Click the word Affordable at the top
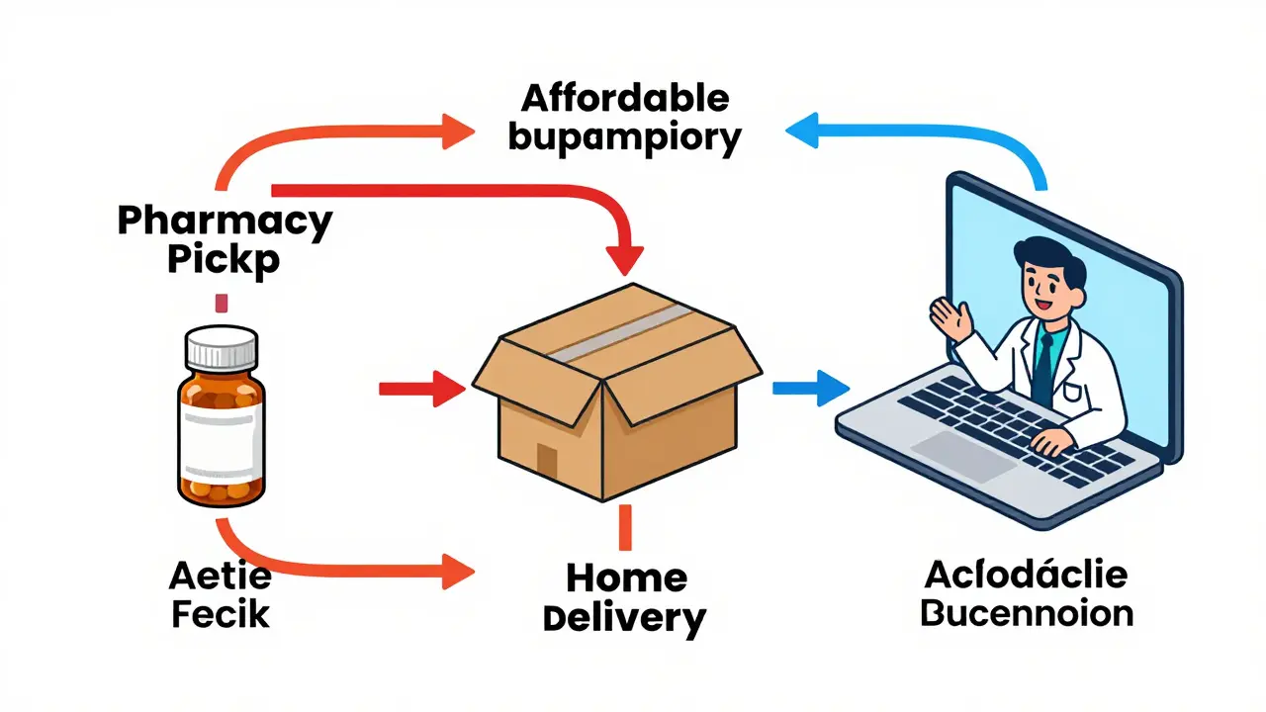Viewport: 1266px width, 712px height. tap(625, 99)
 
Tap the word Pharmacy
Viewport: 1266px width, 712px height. tap(225, 220)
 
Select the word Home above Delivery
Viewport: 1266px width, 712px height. tap(626, 578)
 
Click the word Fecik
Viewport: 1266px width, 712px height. tap(221, 613)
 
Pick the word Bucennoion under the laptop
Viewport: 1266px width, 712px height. tap(1027, 612)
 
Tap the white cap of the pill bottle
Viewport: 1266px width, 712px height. tap(221, 348)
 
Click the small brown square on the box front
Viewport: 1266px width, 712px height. tap(547, 458)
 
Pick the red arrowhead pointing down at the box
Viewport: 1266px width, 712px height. tap(624, 259)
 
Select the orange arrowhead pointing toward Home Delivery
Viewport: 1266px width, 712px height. tap(455, 569)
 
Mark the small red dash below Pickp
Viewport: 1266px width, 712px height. tap(222, 303)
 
